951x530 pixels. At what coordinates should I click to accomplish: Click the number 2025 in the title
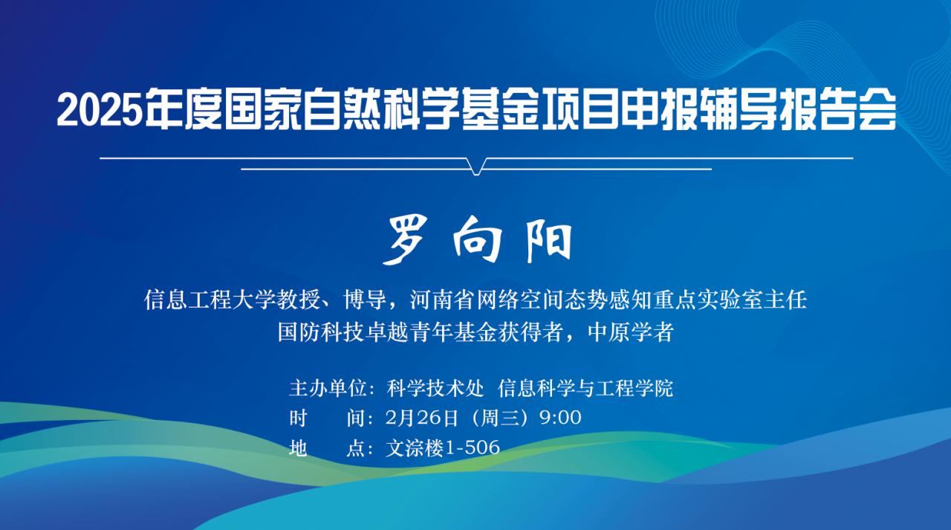100,109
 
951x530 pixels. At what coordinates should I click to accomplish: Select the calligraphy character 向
477,239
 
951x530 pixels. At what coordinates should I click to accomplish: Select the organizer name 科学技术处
435,388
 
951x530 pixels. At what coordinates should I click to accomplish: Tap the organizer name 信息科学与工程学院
585,388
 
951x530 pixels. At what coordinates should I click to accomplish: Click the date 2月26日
421,418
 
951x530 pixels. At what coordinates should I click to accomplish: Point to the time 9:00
560,418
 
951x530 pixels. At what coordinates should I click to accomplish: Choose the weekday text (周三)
499,418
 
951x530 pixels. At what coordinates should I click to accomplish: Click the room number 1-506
472,447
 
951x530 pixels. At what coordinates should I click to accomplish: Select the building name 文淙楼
415,447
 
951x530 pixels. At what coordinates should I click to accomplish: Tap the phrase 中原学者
631,332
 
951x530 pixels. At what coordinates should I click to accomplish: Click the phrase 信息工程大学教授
233,300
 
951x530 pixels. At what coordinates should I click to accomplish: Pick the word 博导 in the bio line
365,300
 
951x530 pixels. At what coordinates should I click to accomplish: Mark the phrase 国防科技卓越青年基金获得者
421,332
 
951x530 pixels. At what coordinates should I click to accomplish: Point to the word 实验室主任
752,300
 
